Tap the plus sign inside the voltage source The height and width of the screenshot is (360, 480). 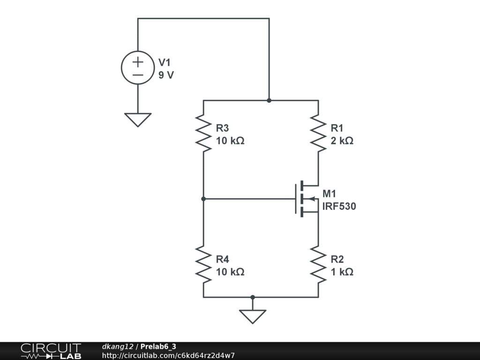138,61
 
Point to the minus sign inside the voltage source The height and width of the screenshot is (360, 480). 138,75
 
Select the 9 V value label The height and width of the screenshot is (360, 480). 166,75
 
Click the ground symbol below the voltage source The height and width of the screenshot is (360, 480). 138,120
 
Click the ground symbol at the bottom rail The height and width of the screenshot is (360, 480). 253,316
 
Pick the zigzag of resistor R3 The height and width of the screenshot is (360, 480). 203,133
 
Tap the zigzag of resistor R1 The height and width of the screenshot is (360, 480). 318,133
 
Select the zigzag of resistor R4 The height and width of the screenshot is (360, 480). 203,264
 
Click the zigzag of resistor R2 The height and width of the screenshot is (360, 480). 318,264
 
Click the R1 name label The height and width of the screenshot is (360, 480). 337,128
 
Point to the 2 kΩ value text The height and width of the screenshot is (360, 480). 342,141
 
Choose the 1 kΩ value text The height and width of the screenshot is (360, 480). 342,272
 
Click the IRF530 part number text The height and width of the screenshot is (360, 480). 339,206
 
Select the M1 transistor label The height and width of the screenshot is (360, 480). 329,194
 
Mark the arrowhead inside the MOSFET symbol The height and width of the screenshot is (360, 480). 313,199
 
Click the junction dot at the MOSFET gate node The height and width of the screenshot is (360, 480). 203,199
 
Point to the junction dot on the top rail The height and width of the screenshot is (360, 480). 269,100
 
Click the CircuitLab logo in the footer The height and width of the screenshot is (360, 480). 51,351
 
